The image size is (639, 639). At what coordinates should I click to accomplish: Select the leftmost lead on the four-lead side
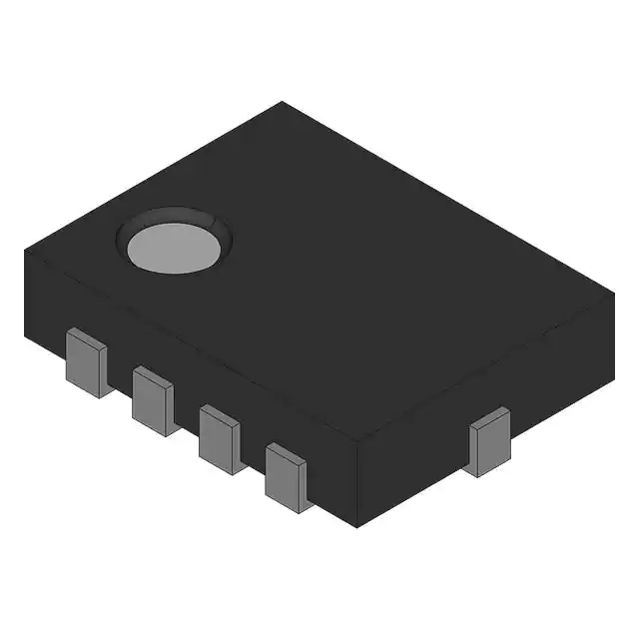click(x=87, y=366)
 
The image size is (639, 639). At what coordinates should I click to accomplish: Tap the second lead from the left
click(x=154, y=402)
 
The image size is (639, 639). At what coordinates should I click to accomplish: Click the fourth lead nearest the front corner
click(x=288, y=478)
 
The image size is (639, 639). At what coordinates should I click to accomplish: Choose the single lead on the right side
click(x=490, y=444)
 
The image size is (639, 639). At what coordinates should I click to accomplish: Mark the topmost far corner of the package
click(x=283, y=102)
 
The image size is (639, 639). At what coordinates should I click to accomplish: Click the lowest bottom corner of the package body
click(x=356, y=527)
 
